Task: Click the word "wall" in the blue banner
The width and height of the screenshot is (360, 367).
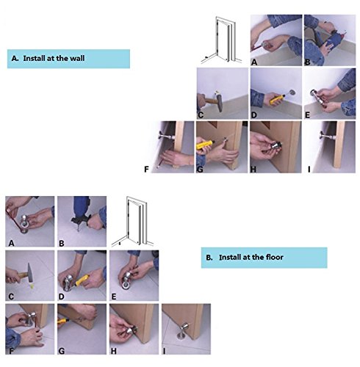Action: coord(77,58)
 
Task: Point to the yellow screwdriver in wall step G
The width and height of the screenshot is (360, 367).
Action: coord(205,145)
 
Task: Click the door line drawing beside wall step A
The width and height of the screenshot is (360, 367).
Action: coord(221,40)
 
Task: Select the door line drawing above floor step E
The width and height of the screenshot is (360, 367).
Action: coord(133,221)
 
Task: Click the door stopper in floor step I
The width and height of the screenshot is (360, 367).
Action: coord(184,332)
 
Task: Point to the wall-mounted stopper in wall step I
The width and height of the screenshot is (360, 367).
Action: coord(327,135)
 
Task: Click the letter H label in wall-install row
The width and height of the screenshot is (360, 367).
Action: coord(253,169)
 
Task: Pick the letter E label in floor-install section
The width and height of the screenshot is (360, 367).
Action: coord(114,297)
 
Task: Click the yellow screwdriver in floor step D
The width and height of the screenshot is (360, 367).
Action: coord(82,280)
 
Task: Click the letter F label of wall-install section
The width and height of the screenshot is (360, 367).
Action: coord(146,169)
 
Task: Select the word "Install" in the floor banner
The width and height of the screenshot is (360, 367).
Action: coord(229,257)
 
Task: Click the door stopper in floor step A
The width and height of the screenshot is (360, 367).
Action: coord(24,224)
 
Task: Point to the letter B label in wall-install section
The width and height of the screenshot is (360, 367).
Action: coord(307,62)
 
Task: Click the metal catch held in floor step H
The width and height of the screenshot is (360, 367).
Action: coord(132,330)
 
